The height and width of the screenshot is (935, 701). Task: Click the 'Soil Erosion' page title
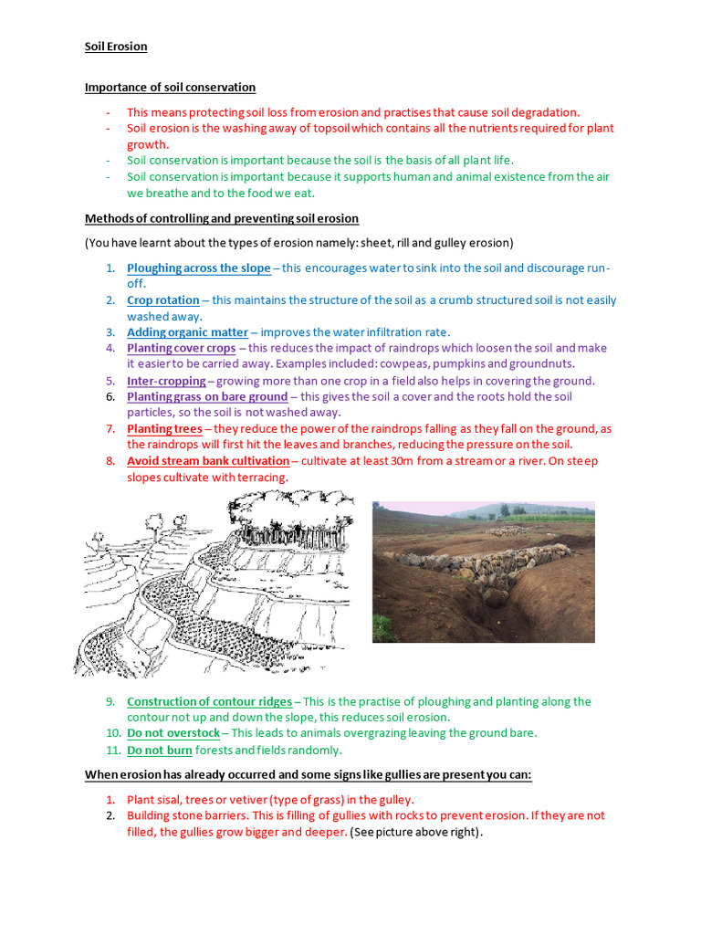pyautogui.click(x=116, y=47)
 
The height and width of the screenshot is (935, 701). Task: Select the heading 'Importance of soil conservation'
pyautogui.click(x=170, y=88)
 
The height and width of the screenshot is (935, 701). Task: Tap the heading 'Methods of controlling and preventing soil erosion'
pyautogui.click(x=222, y=218)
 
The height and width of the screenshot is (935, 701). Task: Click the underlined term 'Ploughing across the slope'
pyautogui.click(x=198, y=268)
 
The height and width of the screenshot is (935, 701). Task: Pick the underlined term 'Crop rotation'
pyautogui.click(x=162, y=299)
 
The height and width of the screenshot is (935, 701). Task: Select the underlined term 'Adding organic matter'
pyautogui.click(x=187, y=331)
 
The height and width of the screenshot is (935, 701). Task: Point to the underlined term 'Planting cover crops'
pyautogui.click(x=181, y=348)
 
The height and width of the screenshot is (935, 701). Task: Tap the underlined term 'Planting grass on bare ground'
pyautogui.click(x=206, y=396)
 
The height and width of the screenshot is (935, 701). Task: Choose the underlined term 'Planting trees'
pyautogui.click(x=164, y=428)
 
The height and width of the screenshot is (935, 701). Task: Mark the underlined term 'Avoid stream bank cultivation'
pyautogui.click(x=207, y=460)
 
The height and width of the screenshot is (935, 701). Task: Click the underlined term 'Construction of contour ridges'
pyautogui.click(x=209, y=701)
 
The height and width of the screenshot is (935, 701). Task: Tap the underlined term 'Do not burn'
pyautogui.click(x=160, y=750)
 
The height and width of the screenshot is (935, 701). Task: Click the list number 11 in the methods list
pyautogui.click(x=109, y=750)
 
